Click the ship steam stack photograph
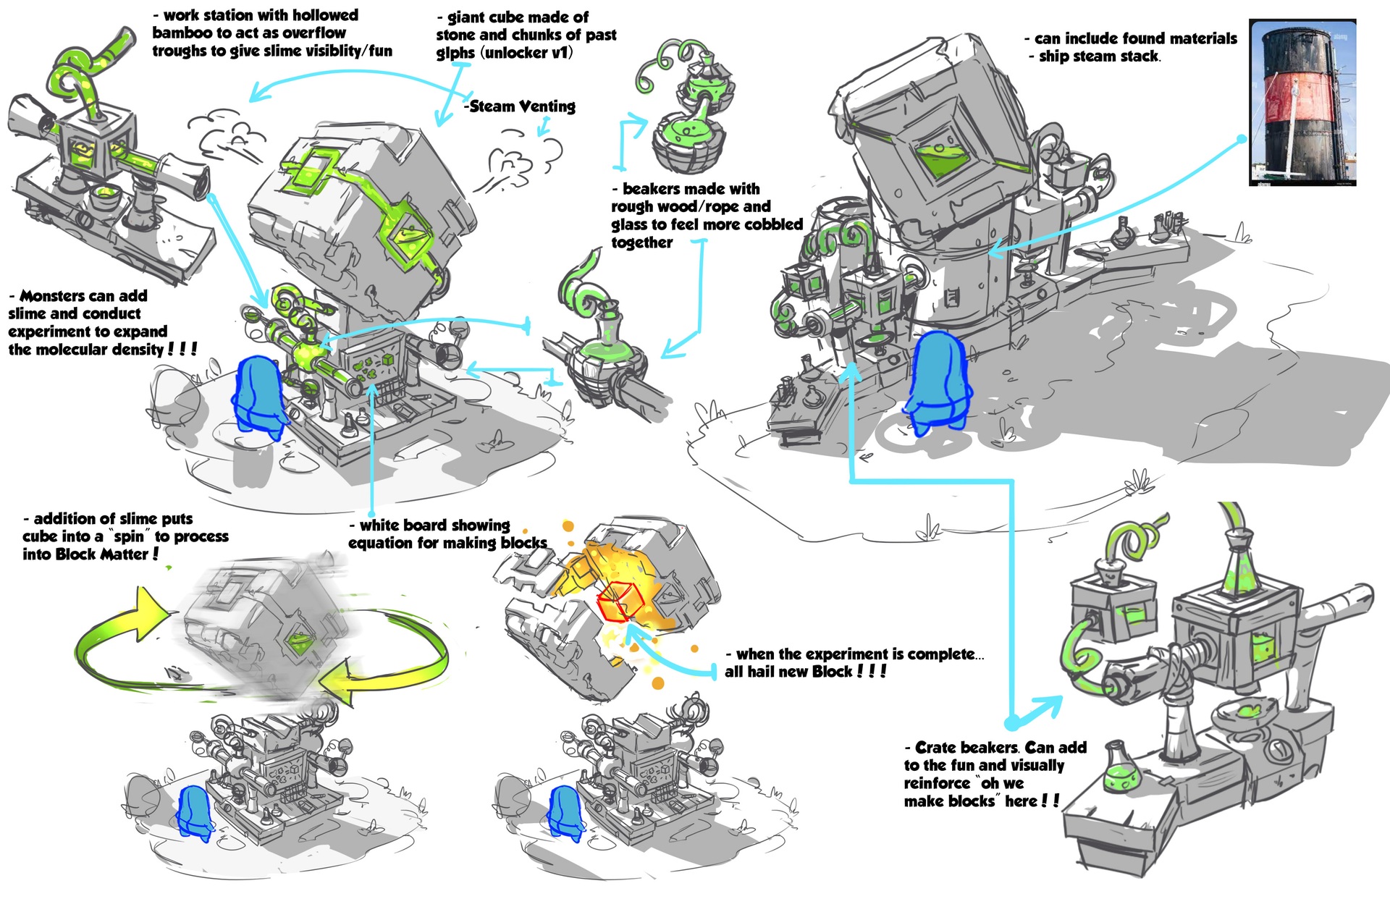pos(1302,103)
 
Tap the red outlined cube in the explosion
pos(620,602)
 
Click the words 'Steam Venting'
pos(522,106)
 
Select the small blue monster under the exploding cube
pos(566,814)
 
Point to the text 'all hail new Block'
pos(789,672)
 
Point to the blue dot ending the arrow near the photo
pos(1242,138)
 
